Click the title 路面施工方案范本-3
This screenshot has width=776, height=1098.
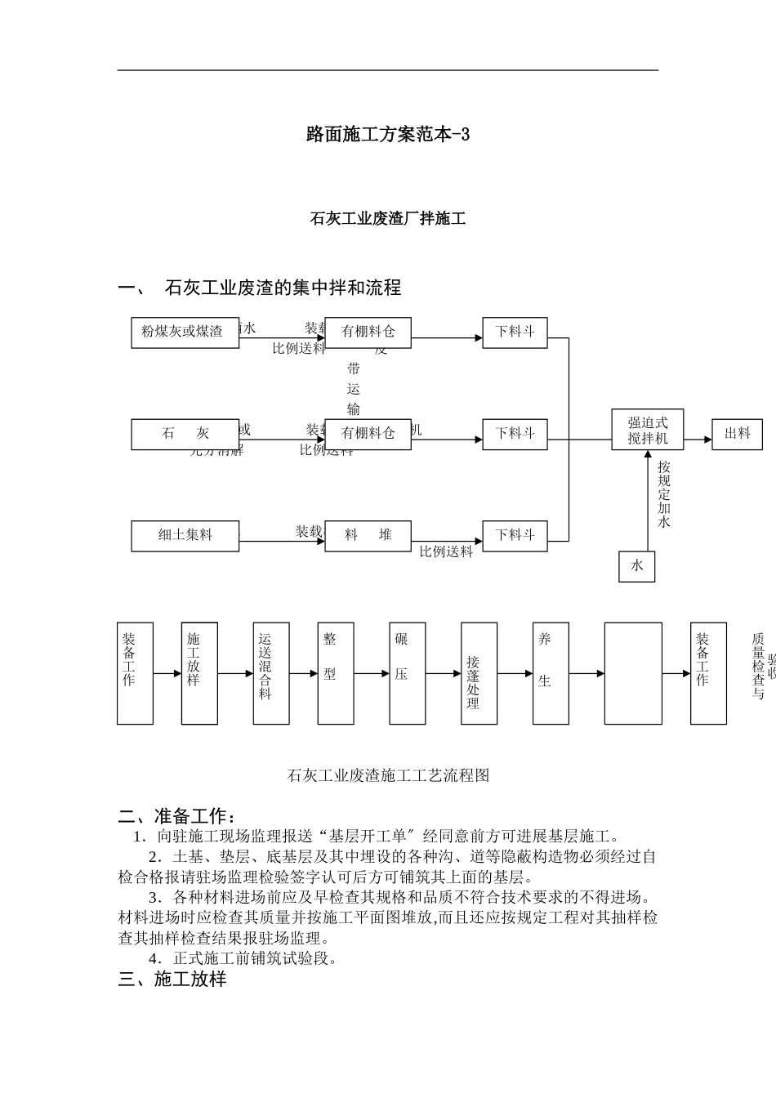[388, 135]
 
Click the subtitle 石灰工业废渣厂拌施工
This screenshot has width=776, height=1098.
[388, 219]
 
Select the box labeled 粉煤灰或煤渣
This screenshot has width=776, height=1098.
[185, 332]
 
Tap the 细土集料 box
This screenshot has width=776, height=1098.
[185, 535]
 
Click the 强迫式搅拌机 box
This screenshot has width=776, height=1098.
[648, 430]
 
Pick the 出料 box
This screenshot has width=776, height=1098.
[737, 434]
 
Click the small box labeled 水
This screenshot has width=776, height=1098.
[636, 565]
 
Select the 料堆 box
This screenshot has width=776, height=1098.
[368, 535]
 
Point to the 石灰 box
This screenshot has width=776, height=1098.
[185, 434]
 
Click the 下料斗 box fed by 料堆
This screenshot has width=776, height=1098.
[515, 535]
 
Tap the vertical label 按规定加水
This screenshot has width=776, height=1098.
[664, 493]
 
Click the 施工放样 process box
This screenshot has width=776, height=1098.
[199, 673]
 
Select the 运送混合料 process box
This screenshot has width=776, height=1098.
[271, 673]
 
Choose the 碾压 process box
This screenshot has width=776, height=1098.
[407, 673]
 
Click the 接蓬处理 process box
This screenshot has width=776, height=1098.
[479, 673]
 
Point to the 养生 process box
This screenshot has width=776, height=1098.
[551, 673]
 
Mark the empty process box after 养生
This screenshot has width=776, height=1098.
[633, 673]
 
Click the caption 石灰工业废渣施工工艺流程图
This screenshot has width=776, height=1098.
[388, 775]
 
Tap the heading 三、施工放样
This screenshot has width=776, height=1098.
[172, 979]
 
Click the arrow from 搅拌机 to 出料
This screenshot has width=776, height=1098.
[698, 440]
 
